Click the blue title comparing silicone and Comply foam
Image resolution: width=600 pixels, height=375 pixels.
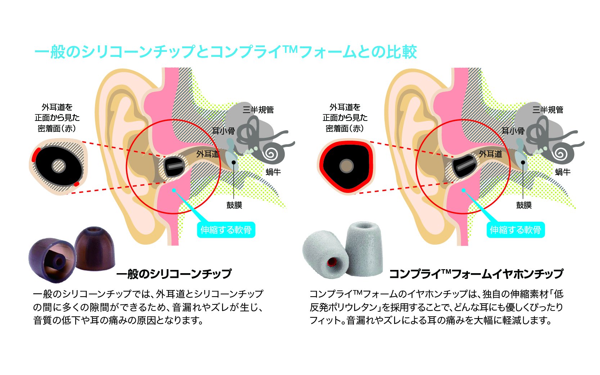coord(225,52)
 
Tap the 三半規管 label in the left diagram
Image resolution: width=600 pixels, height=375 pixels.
coord(258,109)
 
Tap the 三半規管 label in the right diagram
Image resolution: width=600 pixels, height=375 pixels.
coord(547,109)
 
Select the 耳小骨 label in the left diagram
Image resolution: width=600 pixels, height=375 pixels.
coord(223,131)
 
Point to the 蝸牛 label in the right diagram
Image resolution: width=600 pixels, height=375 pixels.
coord(563,172)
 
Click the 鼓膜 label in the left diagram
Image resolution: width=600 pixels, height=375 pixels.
coord(234,205)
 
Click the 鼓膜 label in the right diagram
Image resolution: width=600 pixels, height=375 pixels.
coord(524,205)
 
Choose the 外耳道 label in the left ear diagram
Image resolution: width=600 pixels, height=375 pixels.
coord(208,154)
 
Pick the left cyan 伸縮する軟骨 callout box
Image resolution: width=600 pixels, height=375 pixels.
coord(226,230)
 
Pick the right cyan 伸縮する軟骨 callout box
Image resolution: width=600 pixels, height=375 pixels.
coord(515,230)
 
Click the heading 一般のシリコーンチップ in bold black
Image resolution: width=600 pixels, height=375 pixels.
coord(174,274)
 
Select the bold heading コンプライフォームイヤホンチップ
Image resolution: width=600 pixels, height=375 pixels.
coord(476,274)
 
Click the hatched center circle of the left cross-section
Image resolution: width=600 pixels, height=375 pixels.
coord(59,166)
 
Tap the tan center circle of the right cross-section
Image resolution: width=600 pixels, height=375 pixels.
coord(347,166)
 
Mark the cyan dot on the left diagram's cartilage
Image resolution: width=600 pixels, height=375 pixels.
coord(174,190)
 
